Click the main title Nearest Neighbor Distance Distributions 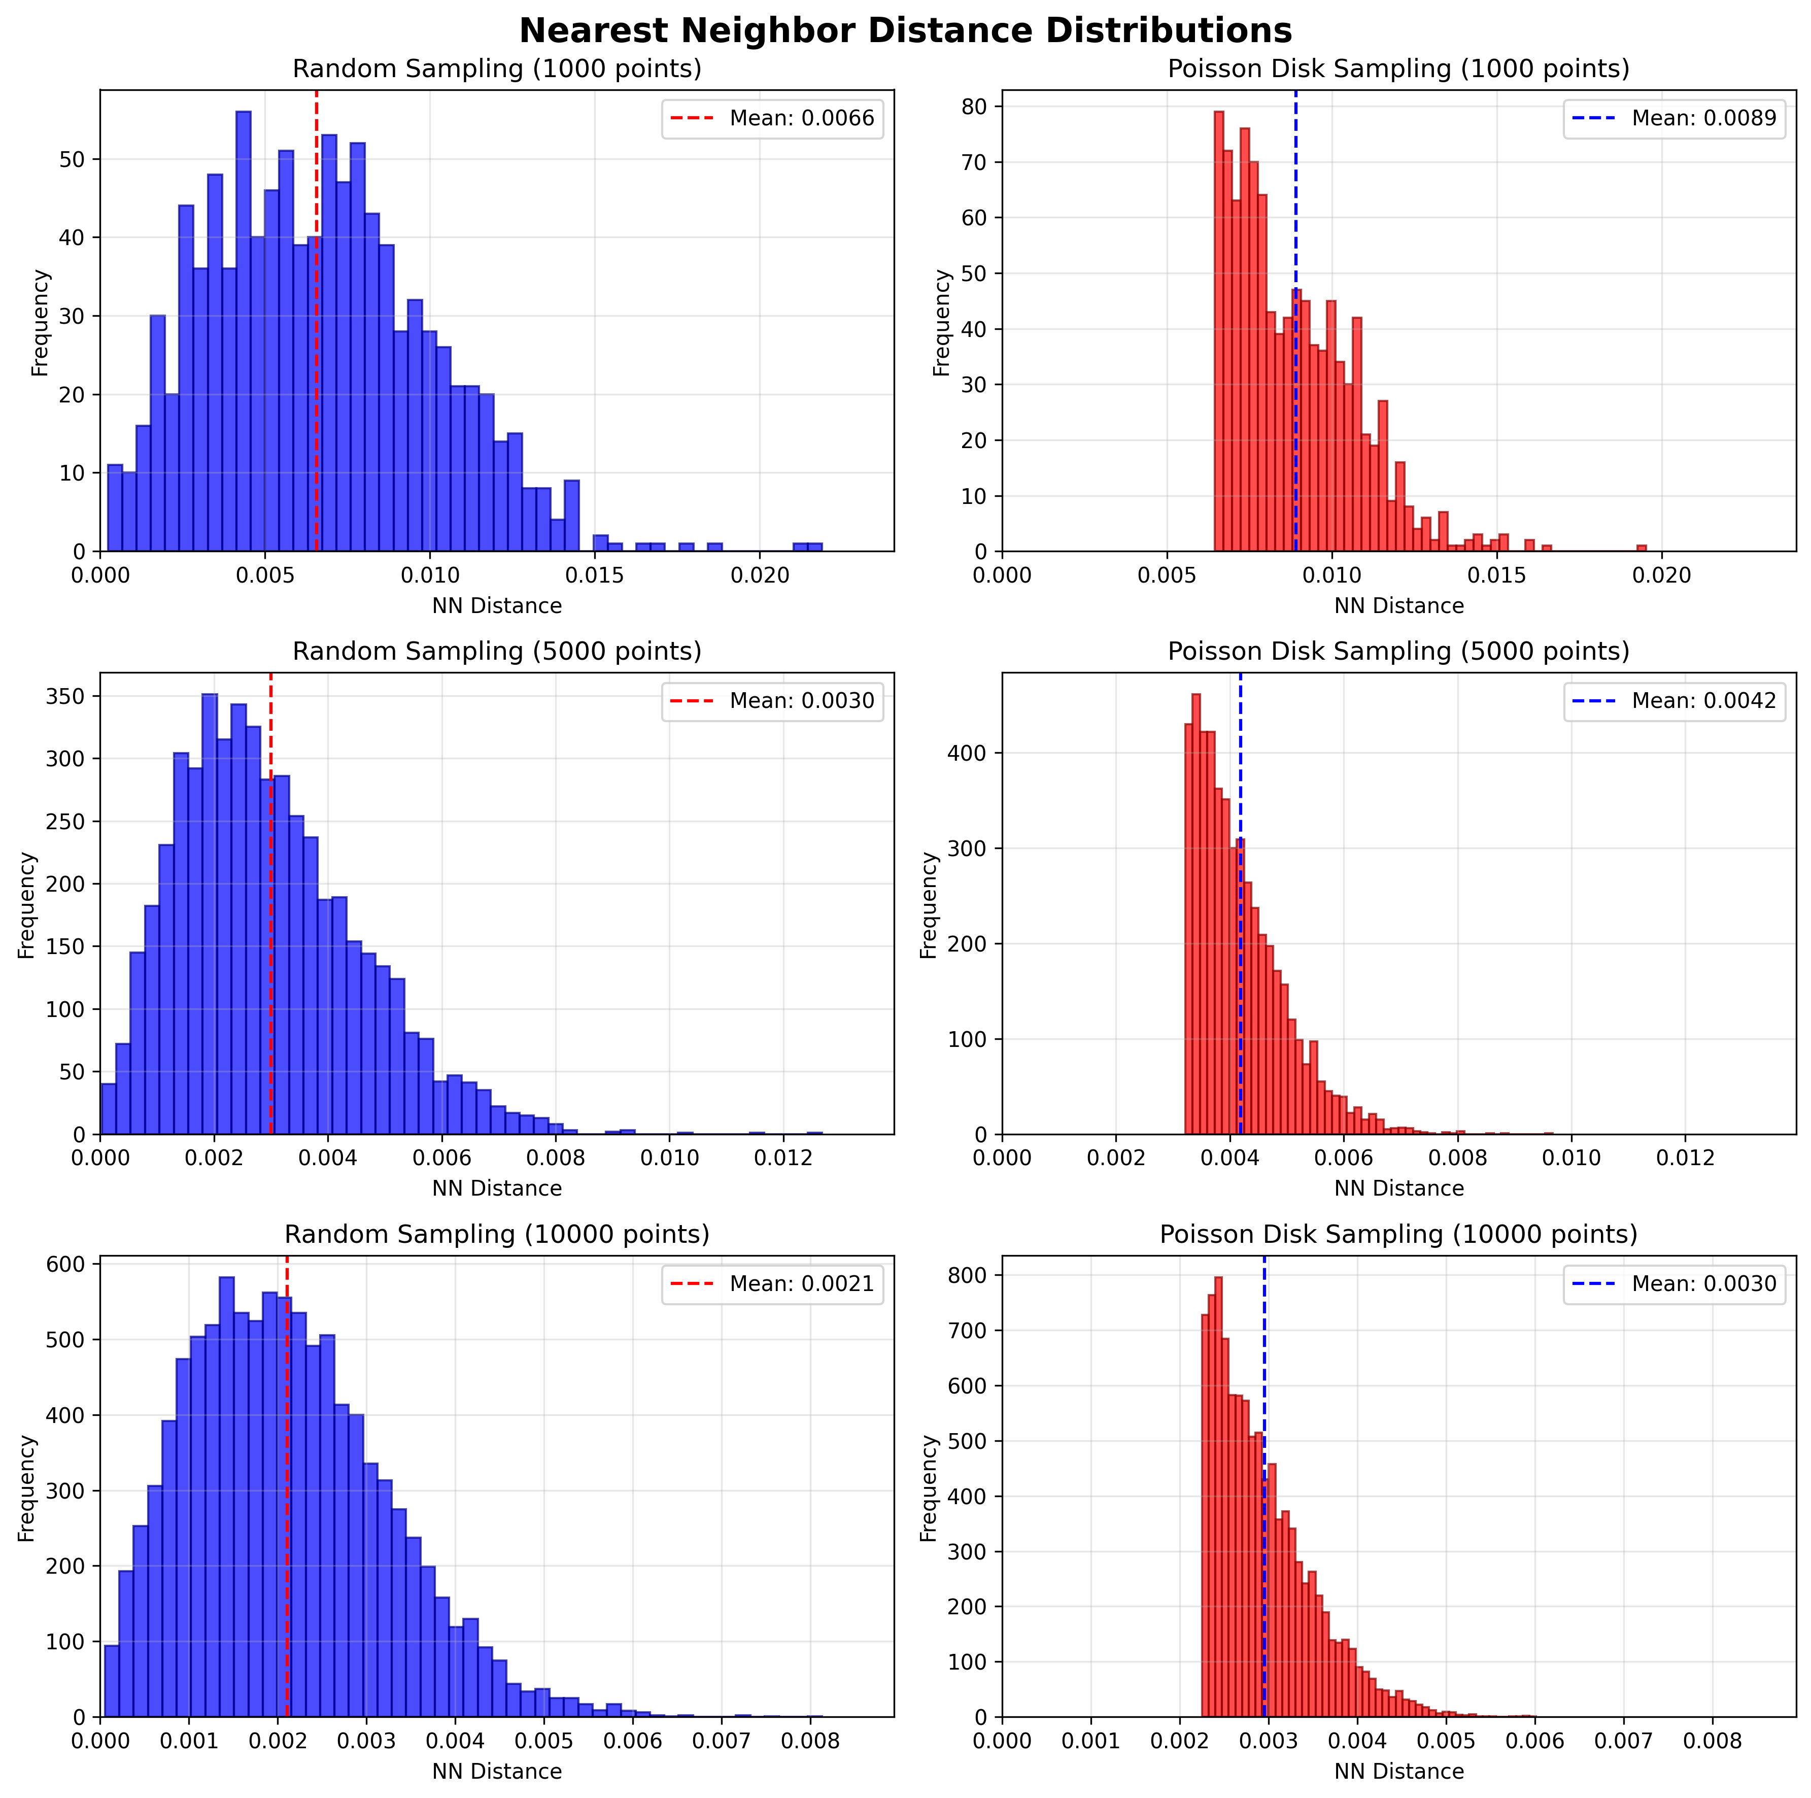905,31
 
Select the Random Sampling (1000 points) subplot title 497,70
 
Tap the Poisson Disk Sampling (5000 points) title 1398,652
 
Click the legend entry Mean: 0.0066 801,118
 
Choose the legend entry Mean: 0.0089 1703,118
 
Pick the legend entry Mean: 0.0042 1703,701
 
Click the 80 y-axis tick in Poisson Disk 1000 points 981,107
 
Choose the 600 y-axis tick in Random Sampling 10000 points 73,1264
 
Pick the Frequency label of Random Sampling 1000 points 40,322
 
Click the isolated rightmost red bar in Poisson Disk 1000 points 1642,548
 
